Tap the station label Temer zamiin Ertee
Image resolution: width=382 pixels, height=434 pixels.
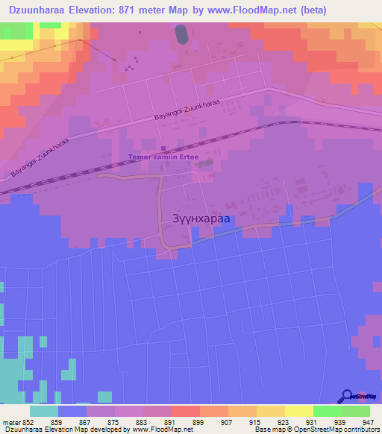(x=161, y=157)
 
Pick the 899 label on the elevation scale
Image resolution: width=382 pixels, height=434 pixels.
(x=199, y=423)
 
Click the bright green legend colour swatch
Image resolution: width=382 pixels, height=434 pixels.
(x=328, y=411)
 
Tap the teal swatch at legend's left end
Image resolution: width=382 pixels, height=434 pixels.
(x=44, y=411)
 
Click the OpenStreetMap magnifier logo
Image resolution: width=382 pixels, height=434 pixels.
(x=347, y=396)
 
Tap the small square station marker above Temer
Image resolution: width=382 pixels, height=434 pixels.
(x=163, y=146)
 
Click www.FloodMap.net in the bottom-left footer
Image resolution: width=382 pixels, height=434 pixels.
(x=157, y=430)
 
